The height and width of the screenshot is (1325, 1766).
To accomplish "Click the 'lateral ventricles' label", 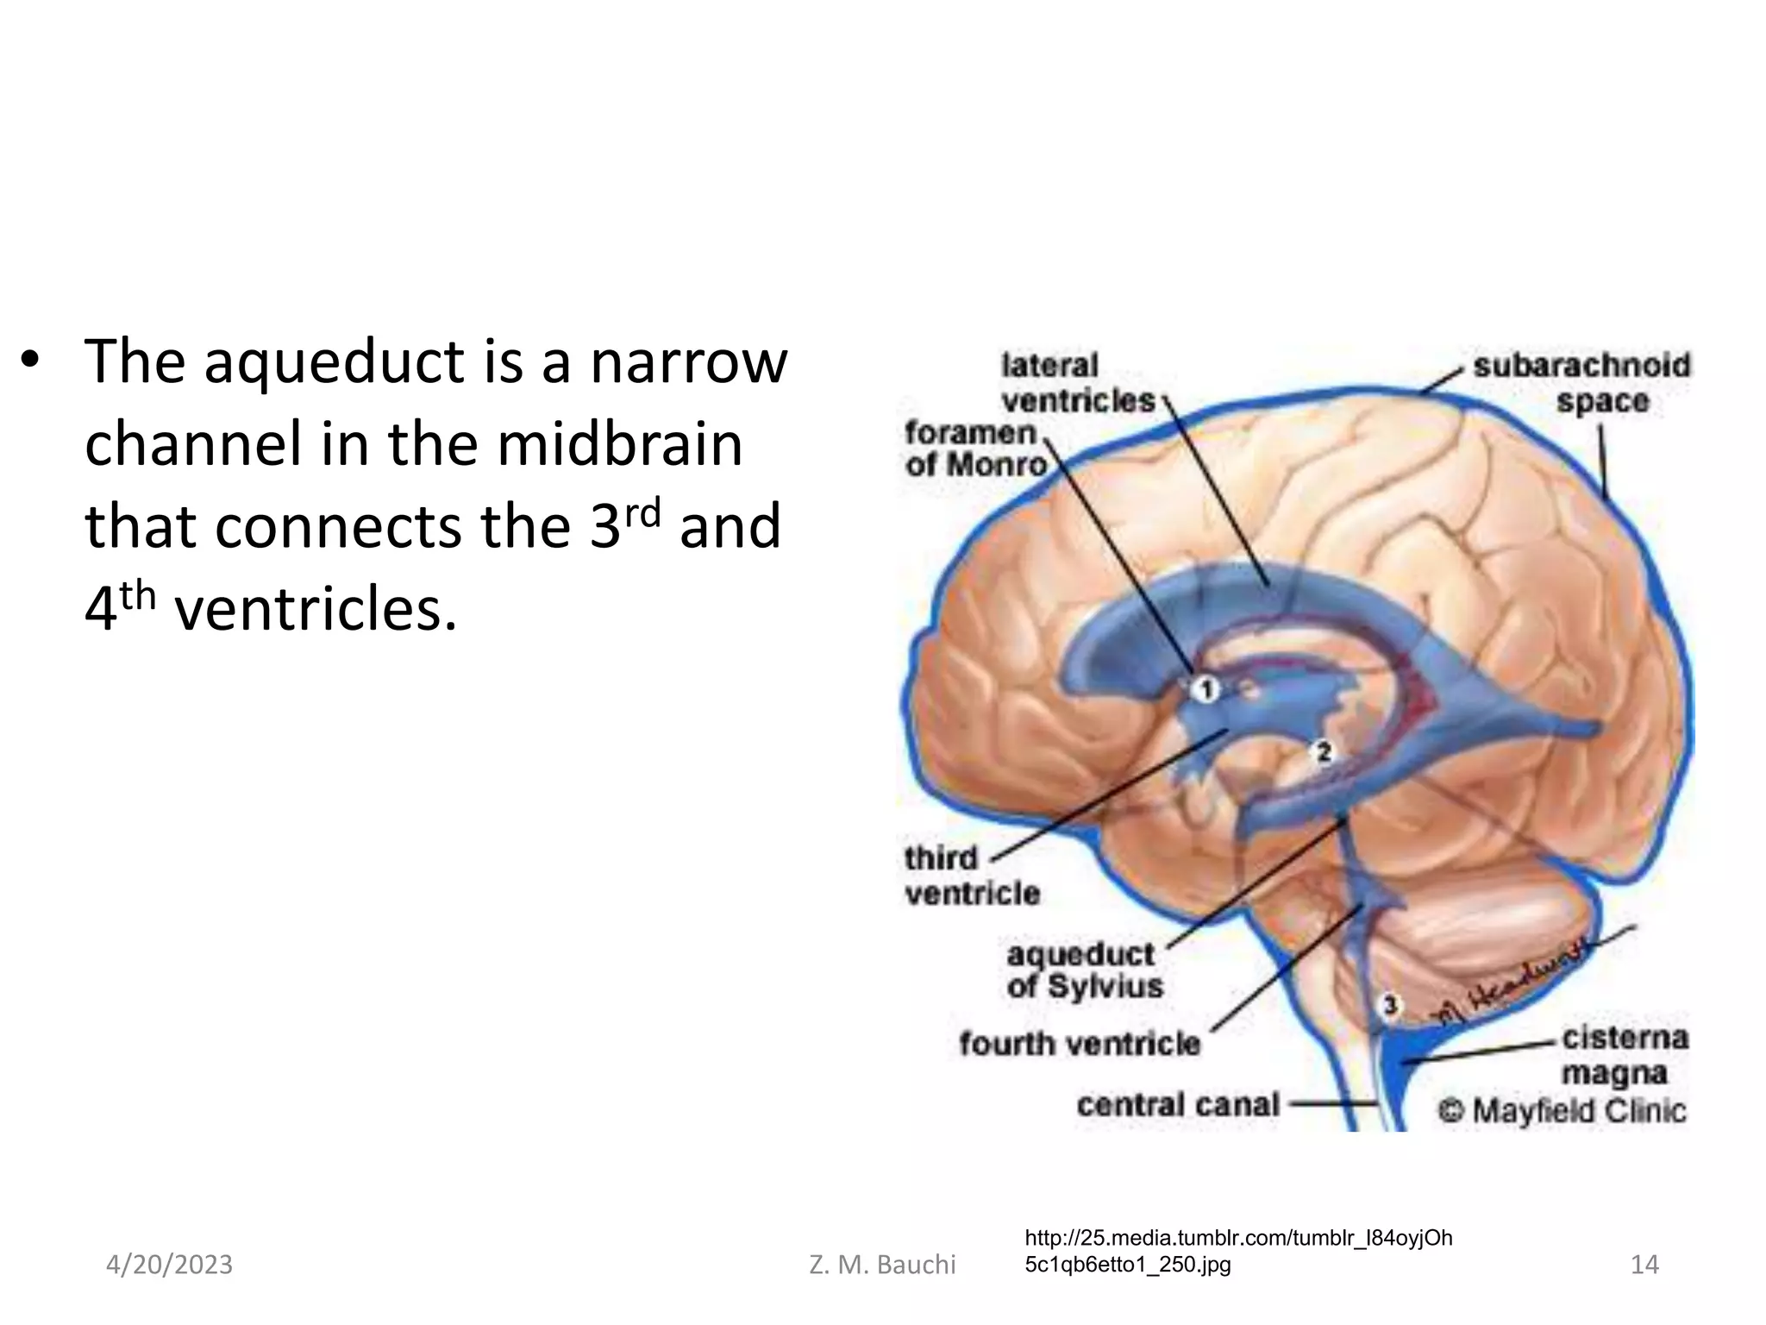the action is (x=1077, y=383).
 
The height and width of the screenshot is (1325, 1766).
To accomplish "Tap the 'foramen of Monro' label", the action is (x=974, y=449).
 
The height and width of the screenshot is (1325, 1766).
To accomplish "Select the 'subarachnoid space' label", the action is (x=1581, y=383).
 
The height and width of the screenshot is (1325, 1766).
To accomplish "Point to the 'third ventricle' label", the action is (x=971, y=875).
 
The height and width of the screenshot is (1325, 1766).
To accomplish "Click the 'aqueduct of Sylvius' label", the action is (x=1084, y=970).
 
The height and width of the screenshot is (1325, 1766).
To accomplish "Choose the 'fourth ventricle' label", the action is (x=1080, y=1044).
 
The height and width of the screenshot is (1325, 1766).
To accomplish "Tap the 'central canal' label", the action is (x=1178, y=1105).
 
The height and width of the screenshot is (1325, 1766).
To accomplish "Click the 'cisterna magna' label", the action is (x=1624, y=1056).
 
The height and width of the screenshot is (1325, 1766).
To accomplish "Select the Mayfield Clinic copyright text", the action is (x=1561, y=1110).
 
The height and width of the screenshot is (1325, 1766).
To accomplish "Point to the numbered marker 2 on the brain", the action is (x=1324, y=753).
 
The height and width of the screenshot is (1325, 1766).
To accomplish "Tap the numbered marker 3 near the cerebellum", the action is (x=1389, y=1005).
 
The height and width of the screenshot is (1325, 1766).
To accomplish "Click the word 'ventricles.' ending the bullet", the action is (x=315, y=609).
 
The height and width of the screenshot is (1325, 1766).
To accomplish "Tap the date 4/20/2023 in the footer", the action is (x=169, y=1265).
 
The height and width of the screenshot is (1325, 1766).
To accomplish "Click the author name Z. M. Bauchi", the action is (x=882, y=1265).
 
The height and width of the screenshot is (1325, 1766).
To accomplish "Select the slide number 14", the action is (x=1644, y=1265).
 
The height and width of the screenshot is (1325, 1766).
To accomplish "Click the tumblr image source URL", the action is (x=1238, y=1252).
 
